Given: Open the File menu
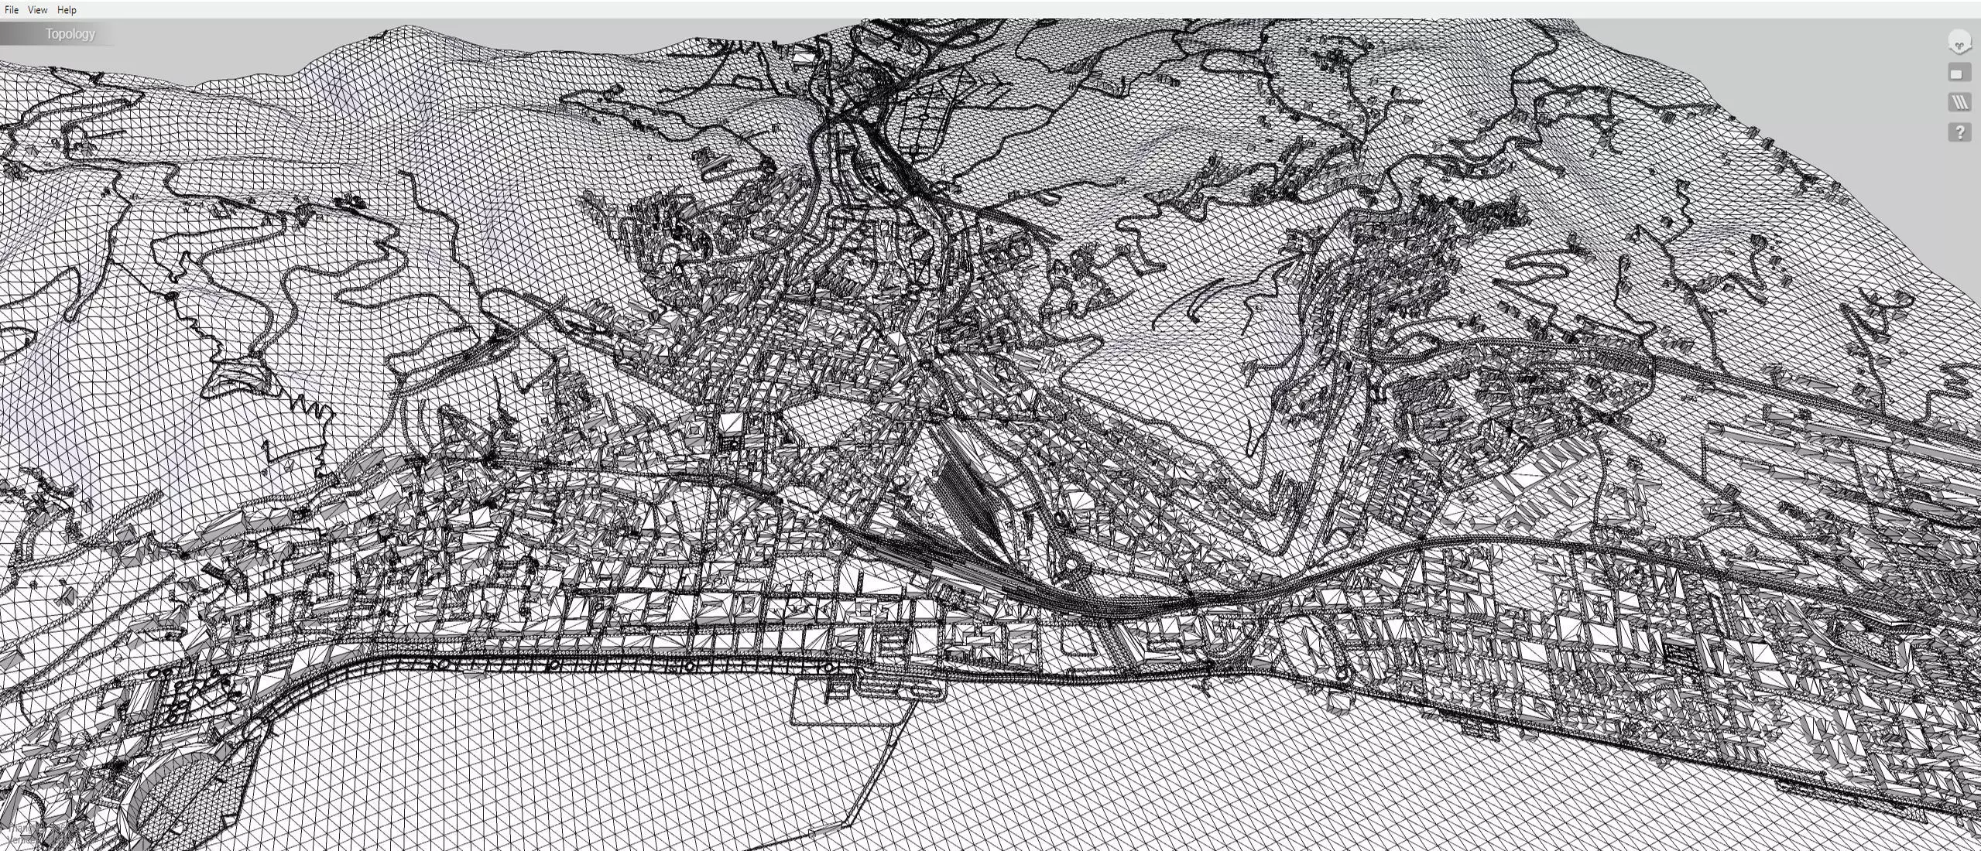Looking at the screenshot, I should pyautogui.click(x=11, y=10).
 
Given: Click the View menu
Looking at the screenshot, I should pyautogui.click(x=37, y=10).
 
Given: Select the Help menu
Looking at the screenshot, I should pyautogui.click(x=67, y=10).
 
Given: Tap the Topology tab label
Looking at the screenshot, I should pyautogui.click(x=70, y=34).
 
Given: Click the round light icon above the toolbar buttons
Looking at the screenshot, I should pyautogui.click(x=1959, y=42).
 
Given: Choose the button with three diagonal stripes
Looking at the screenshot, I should pyautogui.click(x=1959, y=102).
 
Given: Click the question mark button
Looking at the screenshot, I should pyautogui.click(x=1959, y=132).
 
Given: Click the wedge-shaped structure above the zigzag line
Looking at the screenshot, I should pyautogui.click(x=236, y=376).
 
